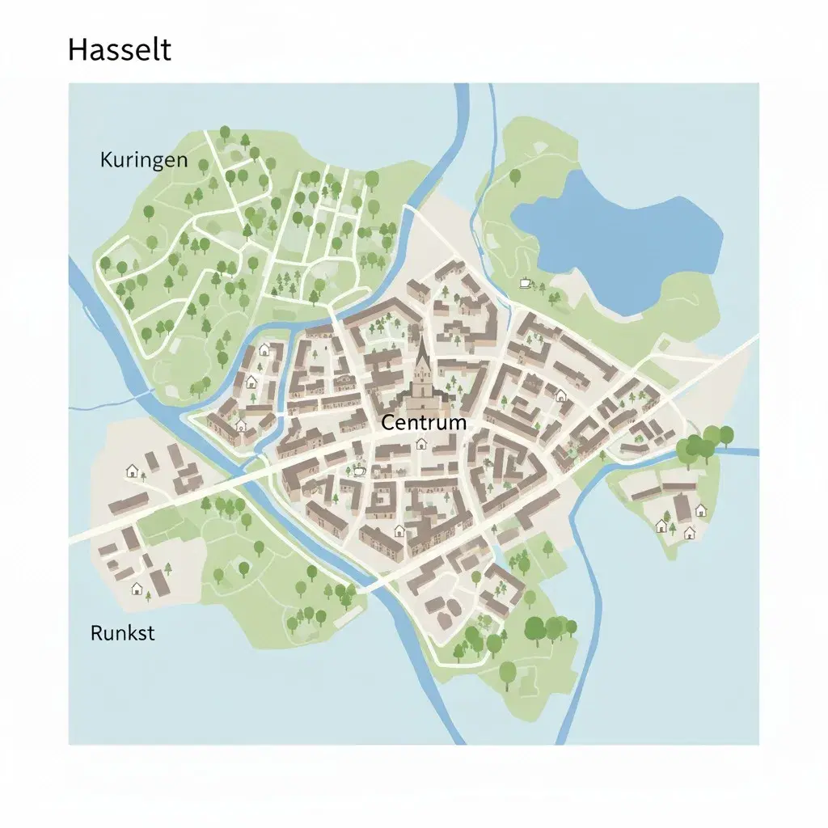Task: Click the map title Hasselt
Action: pos(119,50)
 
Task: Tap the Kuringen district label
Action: pos(143,159)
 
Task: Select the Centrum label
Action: pos(423,422)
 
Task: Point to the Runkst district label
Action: pos(122,632)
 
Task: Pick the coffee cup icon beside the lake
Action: pos(524,283)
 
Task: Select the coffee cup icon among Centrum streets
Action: pos(358,470)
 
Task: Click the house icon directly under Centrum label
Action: pos(420,443)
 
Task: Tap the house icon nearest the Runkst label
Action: pos(137,588)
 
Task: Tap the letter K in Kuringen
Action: pos(106,159)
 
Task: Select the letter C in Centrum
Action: pos(387,422)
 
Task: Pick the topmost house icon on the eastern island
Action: pos(700,509)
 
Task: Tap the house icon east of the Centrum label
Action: pos(560,395)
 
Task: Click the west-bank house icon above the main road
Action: pos(132,470)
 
